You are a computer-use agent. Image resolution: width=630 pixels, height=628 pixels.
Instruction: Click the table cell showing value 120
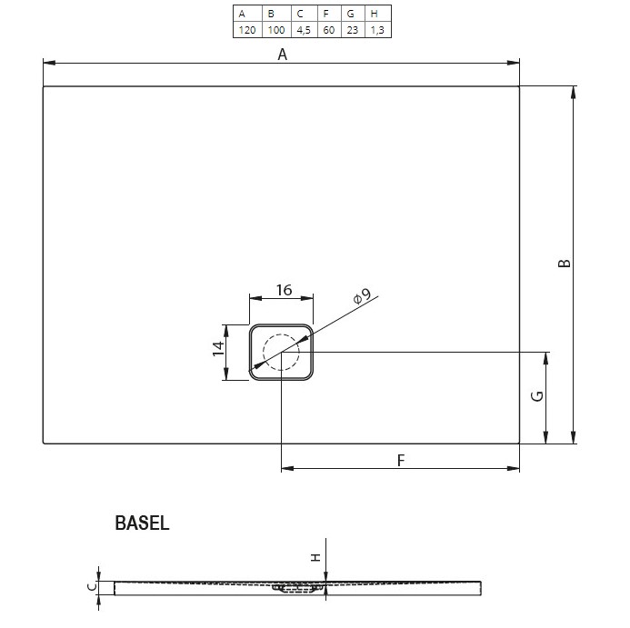pyautogui.click(x=247, y=30)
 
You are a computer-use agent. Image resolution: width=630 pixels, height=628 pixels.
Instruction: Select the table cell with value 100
pyautogui.click(x=276, y=30)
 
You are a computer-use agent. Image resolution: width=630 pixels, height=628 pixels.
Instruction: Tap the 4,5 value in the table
pyautogui.click(x=305, y=30)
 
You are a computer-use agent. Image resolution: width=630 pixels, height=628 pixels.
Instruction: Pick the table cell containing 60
pyautogui.click(x=329, y=30)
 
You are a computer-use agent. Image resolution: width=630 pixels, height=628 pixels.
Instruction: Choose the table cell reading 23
pyautogui.click(x=353, y=30)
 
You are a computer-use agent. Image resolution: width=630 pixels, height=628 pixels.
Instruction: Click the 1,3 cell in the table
pyautogui.click(x=377, y=30)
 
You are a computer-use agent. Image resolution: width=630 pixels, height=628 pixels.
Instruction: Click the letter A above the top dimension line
pyautogui.click(x=283, y=55)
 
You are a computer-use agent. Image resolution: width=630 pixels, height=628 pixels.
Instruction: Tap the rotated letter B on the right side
pyautogui.click(x=565, y=263)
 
